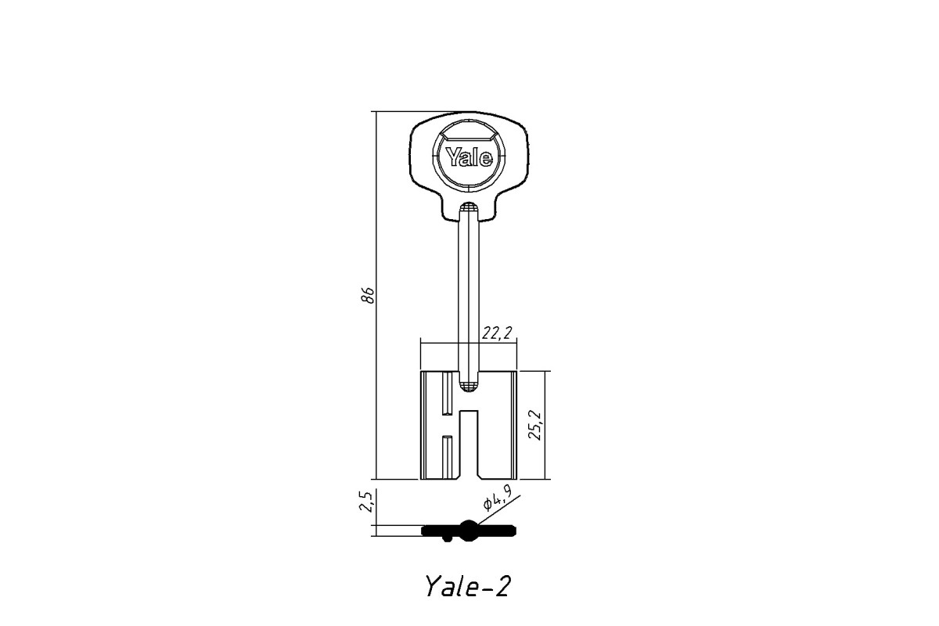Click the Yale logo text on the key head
(x=469, y=156)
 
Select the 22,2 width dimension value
(x=497, y=333)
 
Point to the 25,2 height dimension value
(x=535, y=425)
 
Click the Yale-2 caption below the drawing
(x=468, y=586)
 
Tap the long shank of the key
(x=469, y=293)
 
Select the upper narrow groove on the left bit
(x=448, y=394)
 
